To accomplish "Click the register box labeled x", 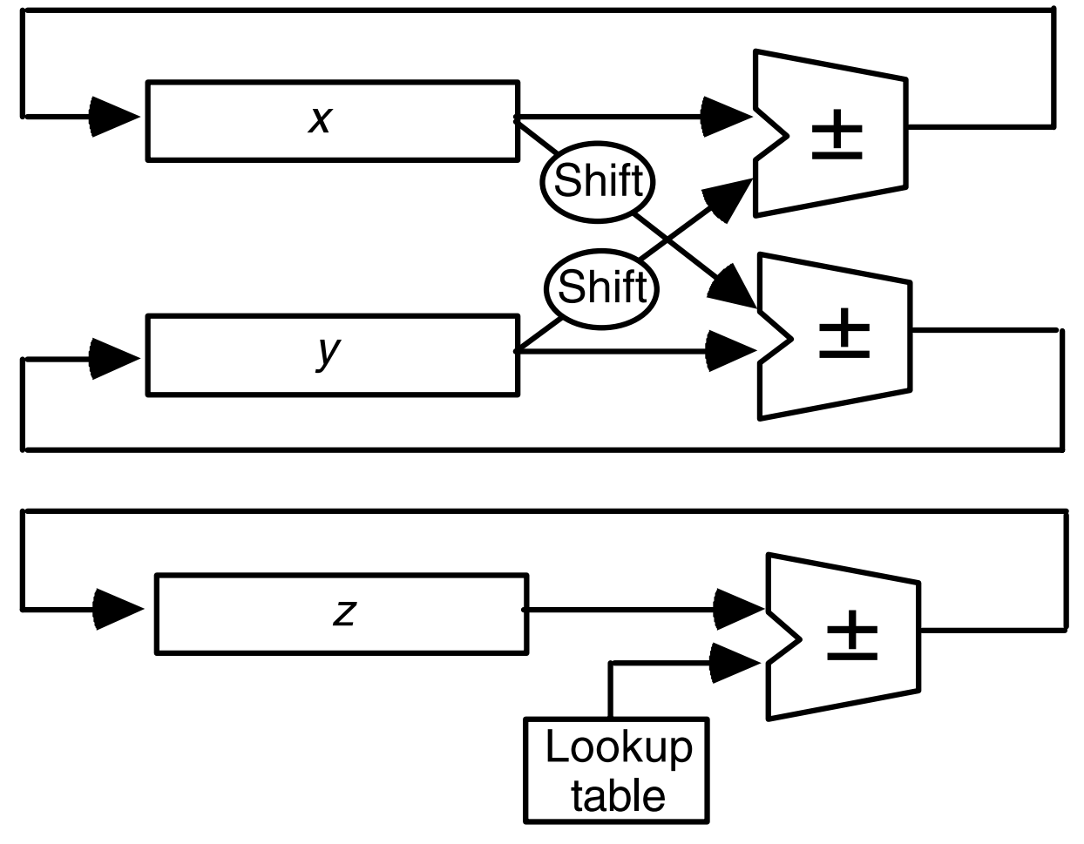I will [332, 121].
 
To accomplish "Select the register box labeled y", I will [332, 355].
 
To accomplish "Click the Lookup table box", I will [616, 770].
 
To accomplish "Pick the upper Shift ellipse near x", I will [598, 181].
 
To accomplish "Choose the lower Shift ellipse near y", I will [601, 288].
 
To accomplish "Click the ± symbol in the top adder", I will [837, 135].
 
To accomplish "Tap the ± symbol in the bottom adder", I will [851, 634].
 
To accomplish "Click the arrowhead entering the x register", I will [113, 117].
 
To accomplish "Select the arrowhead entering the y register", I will [113, 358].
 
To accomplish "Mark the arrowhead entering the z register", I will [117, 609].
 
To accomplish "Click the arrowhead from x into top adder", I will [726, 116].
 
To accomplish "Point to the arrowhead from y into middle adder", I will [730, 351].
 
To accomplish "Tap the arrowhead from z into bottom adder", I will [737, 609].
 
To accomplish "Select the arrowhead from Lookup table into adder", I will [735, 663].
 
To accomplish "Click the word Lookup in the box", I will [618, 747].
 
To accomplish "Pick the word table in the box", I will [618, 795].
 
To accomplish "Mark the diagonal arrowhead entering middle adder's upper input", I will [734, 287].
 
